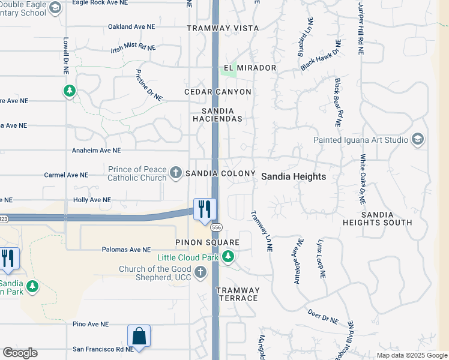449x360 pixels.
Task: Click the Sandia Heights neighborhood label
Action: pos(294,176)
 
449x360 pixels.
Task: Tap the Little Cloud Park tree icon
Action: pos(228,257)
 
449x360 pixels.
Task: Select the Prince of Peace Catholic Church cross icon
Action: pos(176,173)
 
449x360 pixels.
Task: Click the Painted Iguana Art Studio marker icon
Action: pos(418,140)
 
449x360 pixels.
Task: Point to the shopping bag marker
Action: pos(139,336)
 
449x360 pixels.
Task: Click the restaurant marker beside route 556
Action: pos(205,209)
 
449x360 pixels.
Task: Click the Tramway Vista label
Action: pos(223,28)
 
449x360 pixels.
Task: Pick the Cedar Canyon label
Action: pos(217,92)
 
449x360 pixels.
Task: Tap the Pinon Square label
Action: pos(207,242)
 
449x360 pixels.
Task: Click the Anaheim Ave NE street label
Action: pos(96,151)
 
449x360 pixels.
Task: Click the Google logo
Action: pos(20,353)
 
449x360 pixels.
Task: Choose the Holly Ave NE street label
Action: pos(92,200)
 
